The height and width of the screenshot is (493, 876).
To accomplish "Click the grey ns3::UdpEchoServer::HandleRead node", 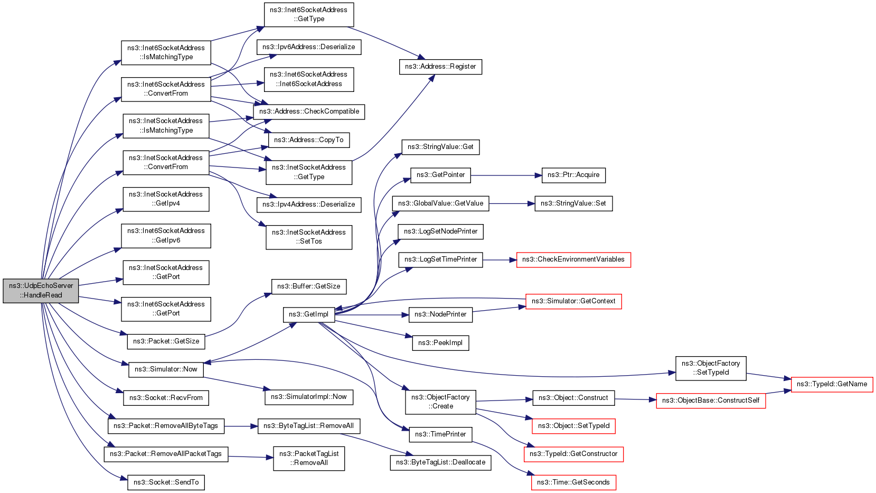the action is (x=41, y=291).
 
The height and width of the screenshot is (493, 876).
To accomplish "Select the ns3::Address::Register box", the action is (x=440, y=67).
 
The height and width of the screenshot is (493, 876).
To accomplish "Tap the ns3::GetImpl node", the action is (x=309, y=314).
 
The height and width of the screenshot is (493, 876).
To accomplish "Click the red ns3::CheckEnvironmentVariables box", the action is (x=573, y=260).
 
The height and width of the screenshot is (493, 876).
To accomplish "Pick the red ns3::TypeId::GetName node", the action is (x=832, y=384).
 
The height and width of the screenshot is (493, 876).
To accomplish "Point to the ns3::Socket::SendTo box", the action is (x=166, y=482).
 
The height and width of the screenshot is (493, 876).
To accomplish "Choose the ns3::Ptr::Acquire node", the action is (x=573, y=175).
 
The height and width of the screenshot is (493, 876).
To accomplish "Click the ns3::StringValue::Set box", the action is (x=573, y=204).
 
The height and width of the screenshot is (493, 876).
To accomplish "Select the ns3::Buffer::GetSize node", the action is (x=308, y=286).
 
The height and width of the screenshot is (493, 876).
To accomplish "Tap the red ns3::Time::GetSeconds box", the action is (x=573, y=482).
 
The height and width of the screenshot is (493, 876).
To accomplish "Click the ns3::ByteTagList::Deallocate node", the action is (x=440, y=462).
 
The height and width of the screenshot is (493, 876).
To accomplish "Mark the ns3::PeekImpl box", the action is (x=440, y=343).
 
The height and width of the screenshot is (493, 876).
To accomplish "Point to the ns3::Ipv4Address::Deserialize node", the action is (x=309, y=204).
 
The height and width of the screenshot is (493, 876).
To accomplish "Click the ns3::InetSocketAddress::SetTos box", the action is (x=309, y=237).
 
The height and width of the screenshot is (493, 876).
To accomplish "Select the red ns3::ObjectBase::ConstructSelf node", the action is (x=711, y=401).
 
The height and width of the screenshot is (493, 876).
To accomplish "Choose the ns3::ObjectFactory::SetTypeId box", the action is (x=711, y=368).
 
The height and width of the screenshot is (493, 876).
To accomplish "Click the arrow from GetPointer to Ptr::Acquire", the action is (x=506, y=175).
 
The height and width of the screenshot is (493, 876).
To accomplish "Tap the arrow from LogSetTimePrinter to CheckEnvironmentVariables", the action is (x=500, y=260).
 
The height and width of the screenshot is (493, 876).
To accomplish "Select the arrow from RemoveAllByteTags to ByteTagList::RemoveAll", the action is (x=241, y=426).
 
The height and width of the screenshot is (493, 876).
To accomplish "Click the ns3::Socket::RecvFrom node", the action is (x=166, y=398).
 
